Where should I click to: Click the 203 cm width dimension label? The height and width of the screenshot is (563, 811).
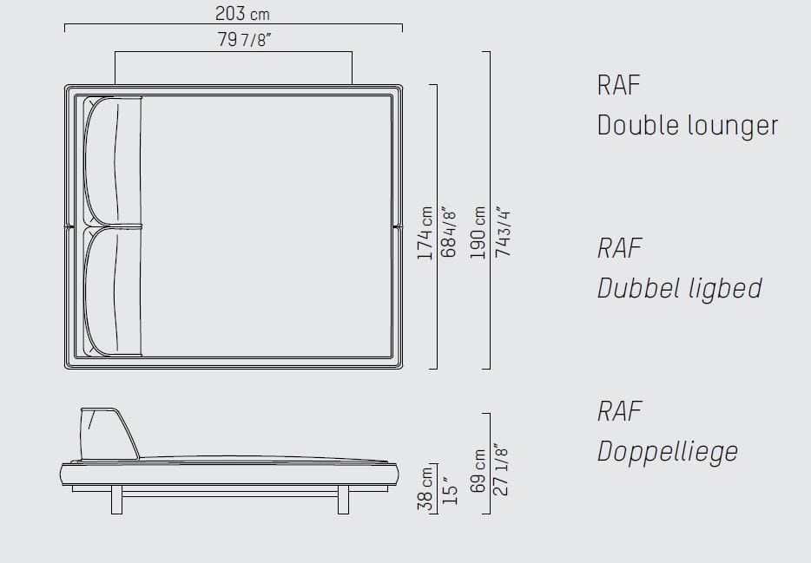(x=242, y=13)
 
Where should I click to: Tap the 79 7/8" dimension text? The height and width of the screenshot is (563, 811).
(x=244, y=39)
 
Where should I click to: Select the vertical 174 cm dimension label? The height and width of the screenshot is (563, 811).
(x=425, y=233)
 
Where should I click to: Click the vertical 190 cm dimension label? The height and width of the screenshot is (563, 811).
(x=478, y=232)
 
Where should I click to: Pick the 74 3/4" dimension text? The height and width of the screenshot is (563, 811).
(x=503, y=233)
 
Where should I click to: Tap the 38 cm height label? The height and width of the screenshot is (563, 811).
(x=425, y=489)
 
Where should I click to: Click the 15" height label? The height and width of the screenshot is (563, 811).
(x=450, y=494)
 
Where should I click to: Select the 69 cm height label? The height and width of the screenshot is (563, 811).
(x=478, y=470)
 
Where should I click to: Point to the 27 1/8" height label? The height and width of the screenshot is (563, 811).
(x=501, y=469)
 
